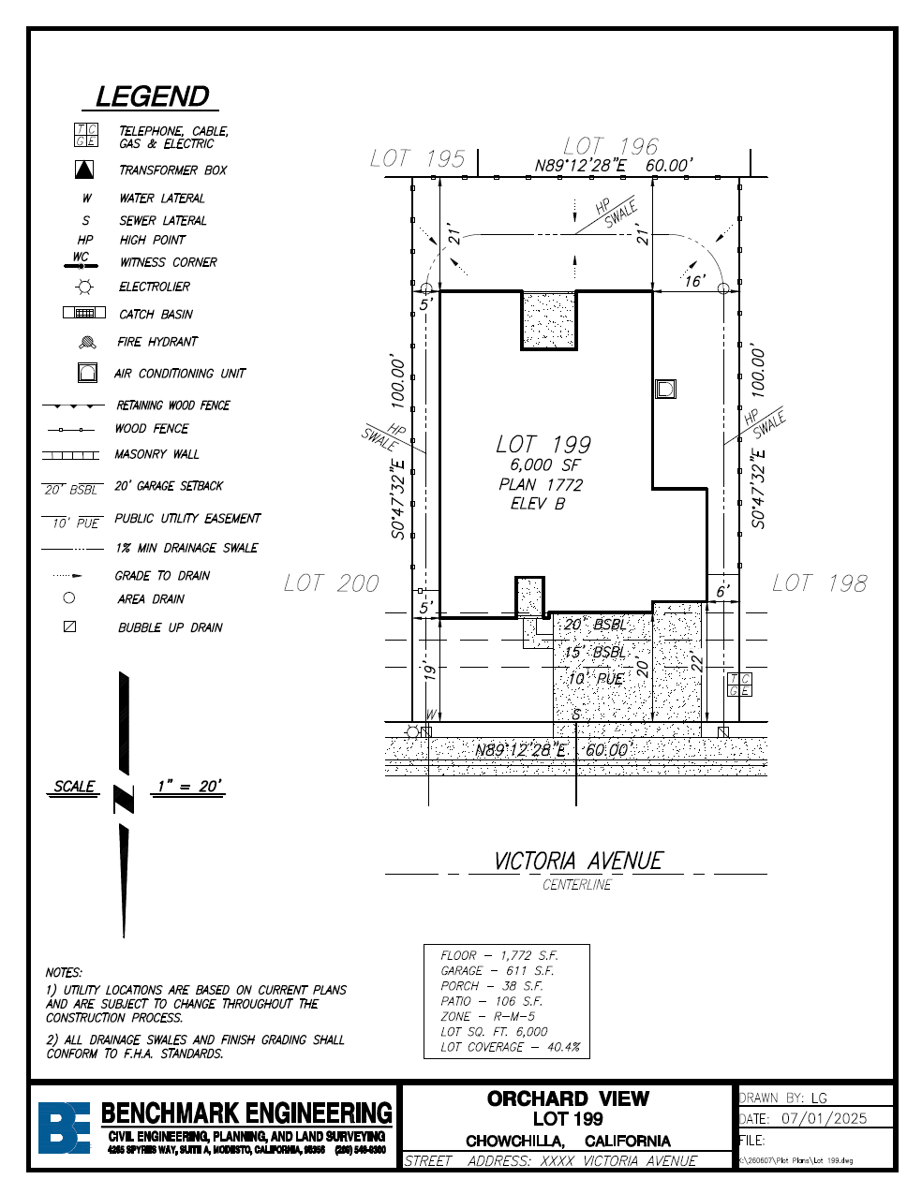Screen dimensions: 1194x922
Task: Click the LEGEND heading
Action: [153, 96]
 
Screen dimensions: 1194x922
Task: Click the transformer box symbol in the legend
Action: [85, 170]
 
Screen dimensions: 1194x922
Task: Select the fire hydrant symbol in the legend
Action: [87, 342]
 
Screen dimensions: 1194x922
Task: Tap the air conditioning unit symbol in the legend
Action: [87, 373]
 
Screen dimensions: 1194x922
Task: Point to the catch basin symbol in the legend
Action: [84, 314]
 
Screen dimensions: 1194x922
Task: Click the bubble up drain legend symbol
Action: [69, 626]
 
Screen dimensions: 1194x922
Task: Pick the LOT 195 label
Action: [417, 158]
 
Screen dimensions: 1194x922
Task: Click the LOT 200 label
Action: [332, 583]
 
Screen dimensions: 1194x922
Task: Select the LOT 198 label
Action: [819, 583]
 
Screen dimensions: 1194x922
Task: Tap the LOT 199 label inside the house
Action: [543, 444]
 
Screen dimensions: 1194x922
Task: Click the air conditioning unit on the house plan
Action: [665, 389]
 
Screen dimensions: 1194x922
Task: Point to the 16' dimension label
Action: [693, 281]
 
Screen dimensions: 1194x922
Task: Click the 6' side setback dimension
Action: [721, 591]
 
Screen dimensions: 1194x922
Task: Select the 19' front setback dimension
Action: [430, 671]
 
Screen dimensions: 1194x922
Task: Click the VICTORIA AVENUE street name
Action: [578, 861]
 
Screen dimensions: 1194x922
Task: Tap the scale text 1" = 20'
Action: [189, 787]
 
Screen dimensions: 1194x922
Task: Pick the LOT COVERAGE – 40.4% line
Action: [511, 1047]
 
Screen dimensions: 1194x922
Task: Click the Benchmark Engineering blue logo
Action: [64, 1128]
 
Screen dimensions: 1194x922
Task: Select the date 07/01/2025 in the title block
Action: [824, 1118]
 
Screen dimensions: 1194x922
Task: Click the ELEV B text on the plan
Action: [538, 504]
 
